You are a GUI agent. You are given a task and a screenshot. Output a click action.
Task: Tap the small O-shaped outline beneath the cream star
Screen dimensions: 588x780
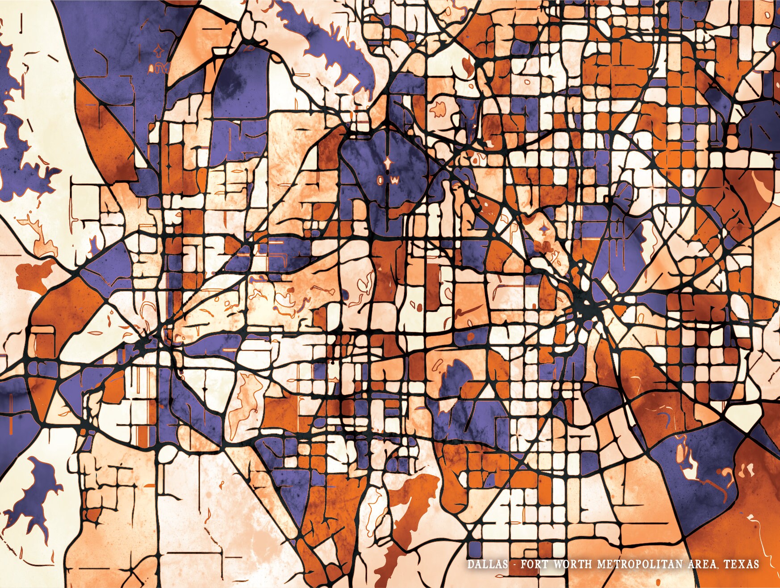click(380, 180)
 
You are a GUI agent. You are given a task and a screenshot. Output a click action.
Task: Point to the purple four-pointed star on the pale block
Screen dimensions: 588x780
click(544, 230)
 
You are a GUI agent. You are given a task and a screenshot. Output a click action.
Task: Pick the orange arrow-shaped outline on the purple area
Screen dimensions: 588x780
click(158, 52)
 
